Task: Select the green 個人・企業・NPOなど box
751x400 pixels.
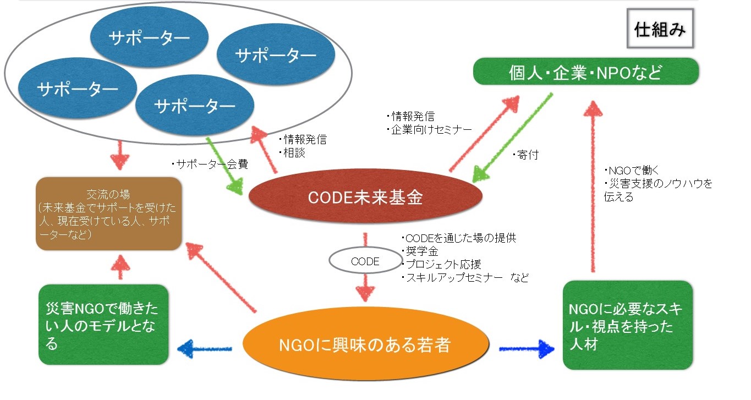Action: tap(586, 72)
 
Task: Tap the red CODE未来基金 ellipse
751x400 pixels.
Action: tap(366, 197)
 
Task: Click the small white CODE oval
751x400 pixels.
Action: tap(365, 261)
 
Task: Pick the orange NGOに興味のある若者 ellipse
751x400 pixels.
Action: tap(366, 345)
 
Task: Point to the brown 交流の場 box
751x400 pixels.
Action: tap(108, 214)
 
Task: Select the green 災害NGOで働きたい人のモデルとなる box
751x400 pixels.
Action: tap(103, 325)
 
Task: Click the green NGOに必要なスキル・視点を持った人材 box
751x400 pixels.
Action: tap(627, 325)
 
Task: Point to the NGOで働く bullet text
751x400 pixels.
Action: tap(628, 171)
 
